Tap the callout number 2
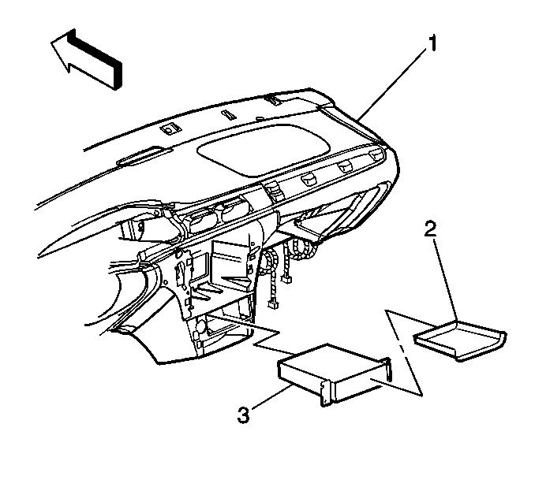point(431,229)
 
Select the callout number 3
point(244,415)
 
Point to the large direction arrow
point(86,58)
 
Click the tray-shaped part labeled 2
point(460,340)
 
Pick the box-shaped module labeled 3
point(335,374)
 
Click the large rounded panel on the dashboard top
point(264,150)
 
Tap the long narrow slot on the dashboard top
point(139,155)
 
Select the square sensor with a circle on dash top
point(170,129)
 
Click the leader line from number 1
point(392,84)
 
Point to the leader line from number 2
point(446,280)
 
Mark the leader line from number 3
point(272,396)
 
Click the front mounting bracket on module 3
point(326,392)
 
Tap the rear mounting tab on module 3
point(388,370)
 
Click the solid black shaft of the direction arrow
point(95,58)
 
